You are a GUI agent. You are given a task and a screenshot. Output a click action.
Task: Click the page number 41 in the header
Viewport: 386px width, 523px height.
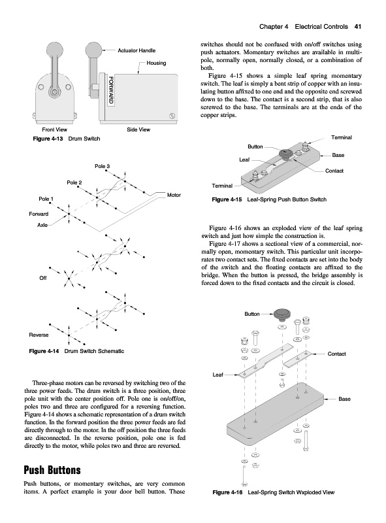[x=358, y=27]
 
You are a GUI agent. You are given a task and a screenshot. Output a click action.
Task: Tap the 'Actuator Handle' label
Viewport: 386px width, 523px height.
[x=137, y=50]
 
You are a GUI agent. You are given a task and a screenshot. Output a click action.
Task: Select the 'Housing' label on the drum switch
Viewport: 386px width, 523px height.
[x=156, y=63]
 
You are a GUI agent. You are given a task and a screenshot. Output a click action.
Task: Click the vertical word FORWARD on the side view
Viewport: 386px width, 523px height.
[x=111, y=90]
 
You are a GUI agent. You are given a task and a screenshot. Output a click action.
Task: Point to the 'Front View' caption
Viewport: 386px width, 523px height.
[x=54, y=129]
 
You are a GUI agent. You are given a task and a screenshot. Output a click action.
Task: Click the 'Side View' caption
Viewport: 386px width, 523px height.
[x=138, y=129]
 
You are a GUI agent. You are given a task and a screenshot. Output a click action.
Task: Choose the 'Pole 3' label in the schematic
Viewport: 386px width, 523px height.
[x=102, y=166]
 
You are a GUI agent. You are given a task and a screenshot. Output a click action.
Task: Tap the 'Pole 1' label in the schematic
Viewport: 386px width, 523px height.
[x=46, y=199]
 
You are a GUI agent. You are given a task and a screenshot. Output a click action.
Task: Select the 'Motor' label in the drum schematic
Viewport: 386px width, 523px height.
[x=174, y=195]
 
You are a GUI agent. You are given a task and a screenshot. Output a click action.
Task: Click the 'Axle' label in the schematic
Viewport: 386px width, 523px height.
[x=42, y=225]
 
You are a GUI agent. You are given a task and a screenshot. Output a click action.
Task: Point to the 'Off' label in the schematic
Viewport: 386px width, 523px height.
[x=43, y=278]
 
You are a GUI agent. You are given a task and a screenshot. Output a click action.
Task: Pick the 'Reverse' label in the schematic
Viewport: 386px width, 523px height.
[x=39, y=335]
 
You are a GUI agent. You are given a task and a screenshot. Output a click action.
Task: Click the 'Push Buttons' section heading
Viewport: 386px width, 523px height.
[x=52, y=470]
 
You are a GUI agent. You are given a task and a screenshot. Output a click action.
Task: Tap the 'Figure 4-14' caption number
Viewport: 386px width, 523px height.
[x=44, y=351]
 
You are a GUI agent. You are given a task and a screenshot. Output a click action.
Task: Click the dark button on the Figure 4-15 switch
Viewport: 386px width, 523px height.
[x=285, y=154]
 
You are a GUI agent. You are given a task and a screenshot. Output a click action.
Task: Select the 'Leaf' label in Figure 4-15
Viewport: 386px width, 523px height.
[x=244, y=160]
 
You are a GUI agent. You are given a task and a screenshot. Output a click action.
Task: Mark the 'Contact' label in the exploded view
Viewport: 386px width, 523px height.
[x=336, y=354]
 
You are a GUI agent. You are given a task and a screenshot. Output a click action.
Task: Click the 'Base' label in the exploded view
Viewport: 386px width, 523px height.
[x=344, y=399]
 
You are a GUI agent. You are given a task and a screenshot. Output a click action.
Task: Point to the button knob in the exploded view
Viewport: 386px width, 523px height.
[x=282, y=314]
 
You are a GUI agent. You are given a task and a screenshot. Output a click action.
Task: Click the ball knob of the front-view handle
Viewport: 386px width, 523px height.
[x=55, y=50]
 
